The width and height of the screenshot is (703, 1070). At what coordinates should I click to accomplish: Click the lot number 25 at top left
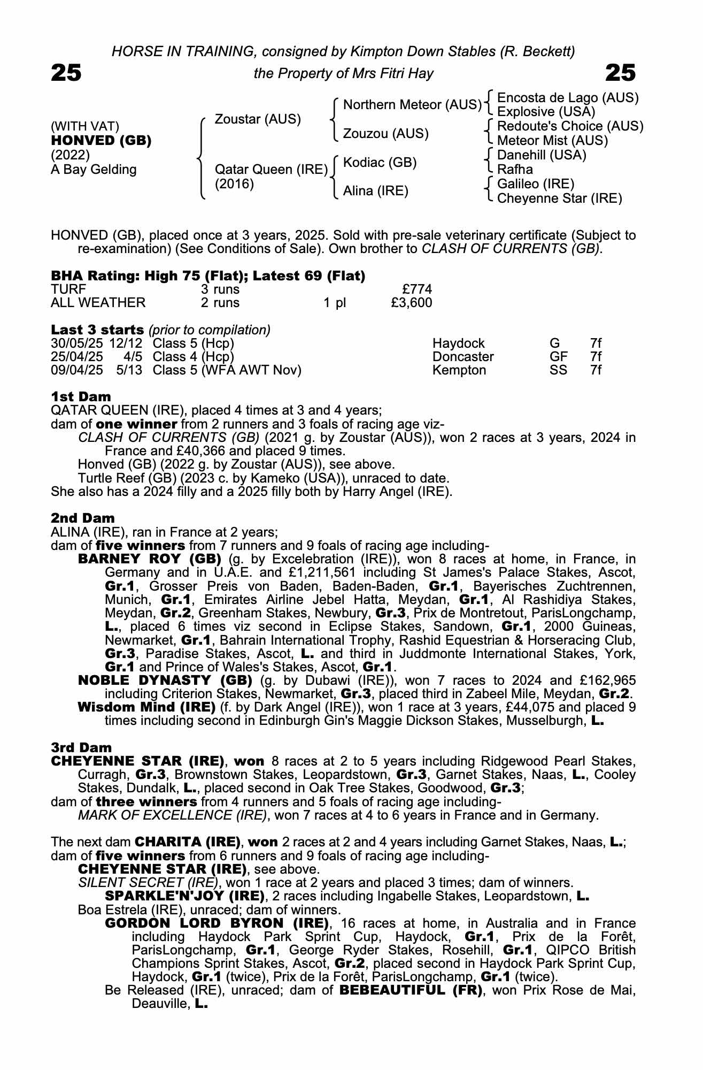coord(66,73)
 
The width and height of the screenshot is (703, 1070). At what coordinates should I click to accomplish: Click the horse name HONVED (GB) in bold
coord(101,141)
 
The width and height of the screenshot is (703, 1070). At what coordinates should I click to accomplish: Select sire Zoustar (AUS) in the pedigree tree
coord(258,119)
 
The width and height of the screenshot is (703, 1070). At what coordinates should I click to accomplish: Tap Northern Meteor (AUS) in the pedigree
coord(412,105)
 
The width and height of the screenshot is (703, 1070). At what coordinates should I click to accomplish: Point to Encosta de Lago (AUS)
coord(568,98)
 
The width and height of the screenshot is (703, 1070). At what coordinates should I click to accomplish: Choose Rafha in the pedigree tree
coord(515,170)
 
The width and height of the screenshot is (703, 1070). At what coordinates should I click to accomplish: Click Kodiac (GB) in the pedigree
coord(380,163)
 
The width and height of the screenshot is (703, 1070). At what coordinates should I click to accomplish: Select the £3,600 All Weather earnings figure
coord(411,303)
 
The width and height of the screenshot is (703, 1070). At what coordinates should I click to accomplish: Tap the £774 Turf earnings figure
coord(417,289)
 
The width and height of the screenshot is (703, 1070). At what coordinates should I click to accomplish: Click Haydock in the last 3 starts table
coord(458,343)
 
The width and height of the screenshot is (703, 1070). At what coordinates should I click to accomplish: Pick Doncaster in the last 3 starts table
coord(463,357)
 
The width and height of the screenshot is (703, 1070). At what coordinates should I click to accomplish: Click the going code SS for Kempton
coord(558,370)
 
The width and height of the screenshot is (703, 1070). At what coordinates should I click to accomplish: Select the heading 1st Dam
coord(81,396)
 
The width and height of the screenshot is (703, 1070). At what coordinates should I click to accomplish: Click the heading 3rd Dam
coord(81,747)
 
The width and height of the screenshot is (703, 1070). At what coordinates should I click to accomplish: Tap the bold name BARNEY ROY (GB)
coord(150,560)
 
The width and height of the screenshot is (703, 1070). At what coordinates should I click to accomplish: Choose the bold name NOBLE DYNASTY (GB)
coord(165,681)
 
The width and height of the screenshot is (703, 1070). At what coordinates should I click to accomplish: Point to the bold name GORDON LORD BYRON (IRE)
coord(217,923)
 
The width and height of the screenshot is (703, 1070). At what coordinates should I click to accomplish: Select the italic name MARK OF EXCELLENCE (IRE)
coord(172,815)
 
